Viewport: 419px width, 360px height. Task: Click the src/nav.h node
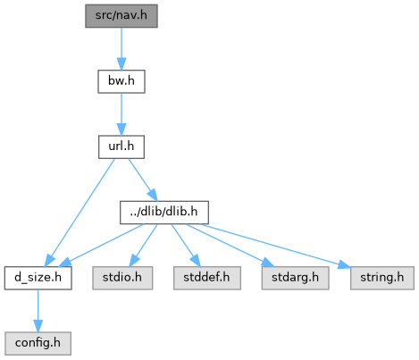tap(122, 16)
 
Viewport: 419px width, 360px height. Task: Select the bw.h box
tap(122, 81)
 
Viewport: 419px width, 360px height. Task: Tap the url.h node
tap(122, 147)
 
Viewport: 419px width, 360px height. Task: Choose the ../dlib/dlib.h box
tap(164, 213)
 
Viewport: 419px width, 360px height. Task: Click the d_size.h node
tap(38, 278)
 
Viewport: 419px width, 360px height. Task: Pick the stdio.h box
tap(122, 278)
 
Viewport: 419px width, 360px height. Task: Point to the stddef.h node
tap(207, 278)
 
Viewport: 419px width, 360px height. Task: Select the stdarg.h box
tap(295, 278)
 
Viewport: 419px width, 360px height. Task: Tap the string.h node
tap(382, 278)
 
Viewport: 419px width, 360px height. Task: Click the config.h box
tap(38, 344)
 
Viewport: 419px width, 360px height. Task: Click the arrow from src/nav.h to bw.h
tap(122, 49)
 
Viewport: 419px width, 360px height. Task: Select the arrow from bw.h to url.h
tap(122, 114)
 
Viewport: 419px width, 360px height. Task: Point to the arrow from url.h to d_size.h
tap(80, 213)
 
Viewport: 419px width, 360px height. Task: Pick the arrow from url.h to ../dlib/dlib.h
tap(143, 180)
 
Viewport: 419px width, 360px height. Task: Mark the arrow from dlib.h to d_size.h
tap(102, 245)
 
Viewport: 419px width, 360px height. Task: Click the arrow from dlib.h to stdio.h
tap(143, 245)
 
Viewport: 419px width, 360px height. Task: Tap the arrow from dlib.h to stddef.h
tap(185, 245)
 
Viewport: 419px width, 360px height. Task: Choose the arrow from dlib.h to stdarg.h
tap(230, 245)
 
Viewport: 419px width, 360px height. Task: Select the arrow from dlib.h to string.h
tap(274, 246)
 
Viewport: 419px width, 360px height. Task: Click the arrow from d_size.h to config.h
tap(38, 311)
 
